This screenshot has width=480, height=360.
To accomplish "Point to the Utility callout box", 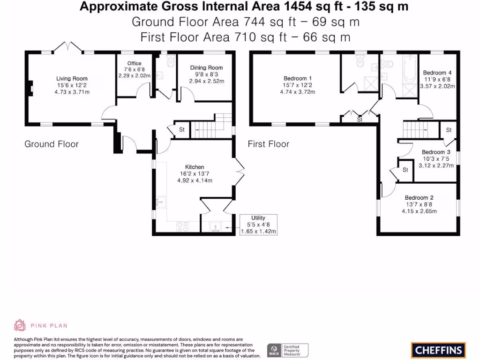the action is pyautogui.click(x=258, y=225).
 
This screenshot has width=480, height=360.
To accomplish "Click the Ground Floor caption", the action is pyautogui.click(x=52, y=144).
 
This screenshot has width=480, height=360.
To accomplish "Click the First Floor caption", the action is pyautogui.click(x=269, y=144).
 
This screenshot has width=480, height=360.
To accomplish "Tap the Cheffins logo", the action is pyautogui.click(x=438, y=350).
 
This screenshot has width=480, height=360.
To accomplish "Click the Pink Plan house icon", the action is pyautogui.click(x=20, y=325).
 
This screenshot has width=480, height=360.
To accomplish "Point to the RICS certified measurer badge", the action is pyautogui.click(x=288, y=351).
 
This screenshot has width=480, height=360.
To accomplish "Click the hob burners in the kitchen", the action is pyautogui.click(x=182, y=226).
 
